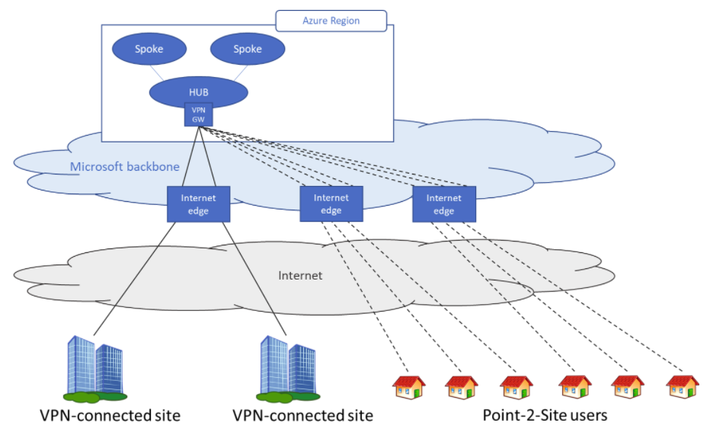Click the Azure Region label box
331,21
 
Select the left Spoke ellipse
149,49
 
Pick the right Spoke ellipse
248,49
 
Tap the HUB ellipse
198,92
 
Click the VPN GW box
199,114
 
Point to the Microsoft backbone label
124,166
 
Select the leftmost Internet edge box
198,204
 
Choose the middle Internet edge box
331,204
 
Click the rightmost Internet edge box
444,204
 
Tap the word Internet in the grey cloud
300,276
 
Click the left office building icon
95,368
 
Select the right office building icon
288,368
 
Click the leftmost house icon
409,387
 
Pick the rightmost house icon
683,387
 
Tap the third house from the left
517,387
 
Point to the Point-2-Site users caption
545,415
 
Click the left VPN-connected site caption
110,415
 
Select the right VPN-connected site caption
302,415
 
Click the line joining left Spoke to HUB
157,73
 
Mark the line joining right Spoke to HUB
241,73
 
